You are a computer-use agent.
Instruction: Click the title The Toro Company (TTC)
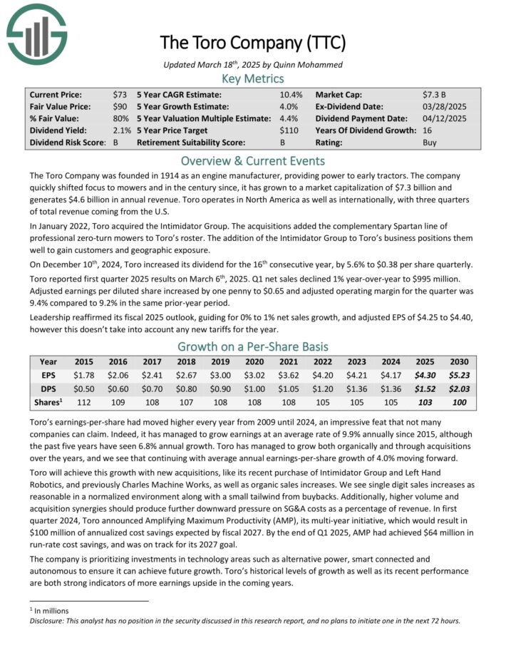click(x=252, y=42)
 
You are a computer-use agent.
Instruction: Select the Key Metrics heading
click(x=252, y=78)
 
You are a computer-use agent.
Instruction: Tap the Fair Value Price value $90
click(x=120, y=106)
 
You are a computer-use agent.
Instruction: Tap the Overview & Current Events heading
click(x=252, y=160)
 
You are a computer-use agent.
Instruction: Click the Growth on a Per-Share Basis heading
click(x=252, y=346)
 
